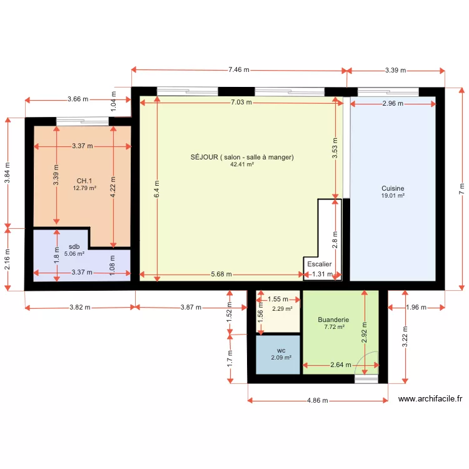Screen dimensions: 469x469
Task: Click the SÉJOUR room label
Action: pos(242,157)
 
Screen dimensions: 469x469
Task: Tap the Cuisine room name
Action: pos(393,188)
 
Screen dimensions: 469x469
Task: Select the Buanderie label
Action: pos(333,320)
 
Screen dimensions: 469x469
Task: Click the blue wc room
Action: pos(278,355)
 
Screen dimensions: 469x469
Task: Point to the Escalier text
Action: pos(320,264)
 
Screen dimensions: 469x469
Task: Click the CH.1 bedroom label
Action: pos(84,181)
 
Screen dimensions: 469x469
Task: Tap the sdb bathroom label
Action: pos(74,246)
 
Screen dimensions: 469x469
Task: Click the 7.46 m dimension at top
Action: pos(239,69)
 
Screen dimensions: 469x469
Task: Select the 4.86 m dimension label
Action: pos(317,400)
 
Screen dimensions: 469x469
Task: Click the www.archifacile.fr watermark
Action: pos(430,399)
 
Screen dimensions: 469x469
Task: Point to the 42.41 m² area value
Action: pos(242,164)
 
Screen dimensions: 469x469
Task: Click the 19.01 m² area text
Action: pos(393,196)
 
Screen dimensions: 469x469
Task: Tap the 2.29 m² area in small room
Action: pos(282,309)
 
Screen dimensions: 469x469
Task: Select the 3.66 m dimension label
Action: pos(78,99)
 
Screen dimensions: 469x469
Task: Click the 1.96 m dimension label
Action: pos(416,307)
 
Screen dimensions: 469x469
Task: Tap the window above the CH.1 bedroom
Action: pos(83,121)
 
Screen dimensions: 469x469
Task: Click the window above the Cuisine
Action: pos(388,91)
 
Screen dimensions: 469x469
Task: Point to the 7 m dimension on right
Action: pos(461,189)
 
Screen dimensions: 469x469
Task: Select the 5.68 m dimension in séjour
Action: pos(221,275)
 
